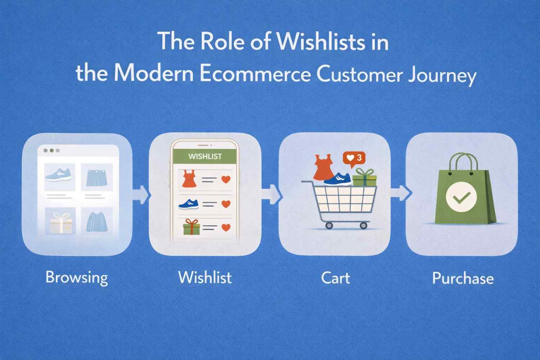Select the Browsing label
pyautogui.click(x=77, y=278)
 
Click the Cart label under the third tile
pyautogui.click(x=335, y=278)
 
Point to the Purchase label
pyautogui.click(x=463, y=278)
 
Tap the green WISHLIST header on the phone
pyautogui.click(x=205, y=157)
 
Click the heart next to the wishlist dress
pyautogui.click(x=226, y=179)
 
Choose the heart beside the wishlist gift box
pyautogui.click(x=226, y=227)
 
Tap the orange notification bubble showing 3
pyautogui.click(x=354, y=158)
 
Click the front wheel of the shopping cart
pyautogui.click(x=363, y=226)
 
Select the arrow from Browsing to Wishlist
pyautogui.click(x=141, y=194)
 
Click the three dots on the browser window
pyautogui.click(x=51, y=150)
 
